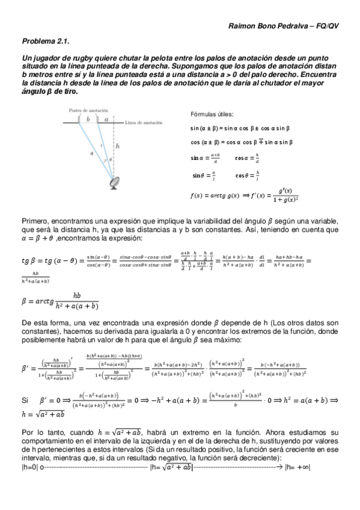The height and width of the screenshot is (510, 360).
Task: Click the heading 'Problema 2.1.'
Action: click(46, 41)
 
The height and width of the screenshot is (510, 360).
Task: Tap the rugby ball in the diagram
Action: click(113, 180)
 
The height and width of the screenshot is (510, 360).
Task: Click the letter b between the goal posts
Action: click(88, 120)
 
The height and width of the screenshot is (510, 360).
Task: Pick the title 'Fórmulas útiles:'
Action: click(212, 114)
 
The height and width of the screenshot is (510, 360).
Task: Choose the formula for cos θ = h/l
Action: click(247, 176)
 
